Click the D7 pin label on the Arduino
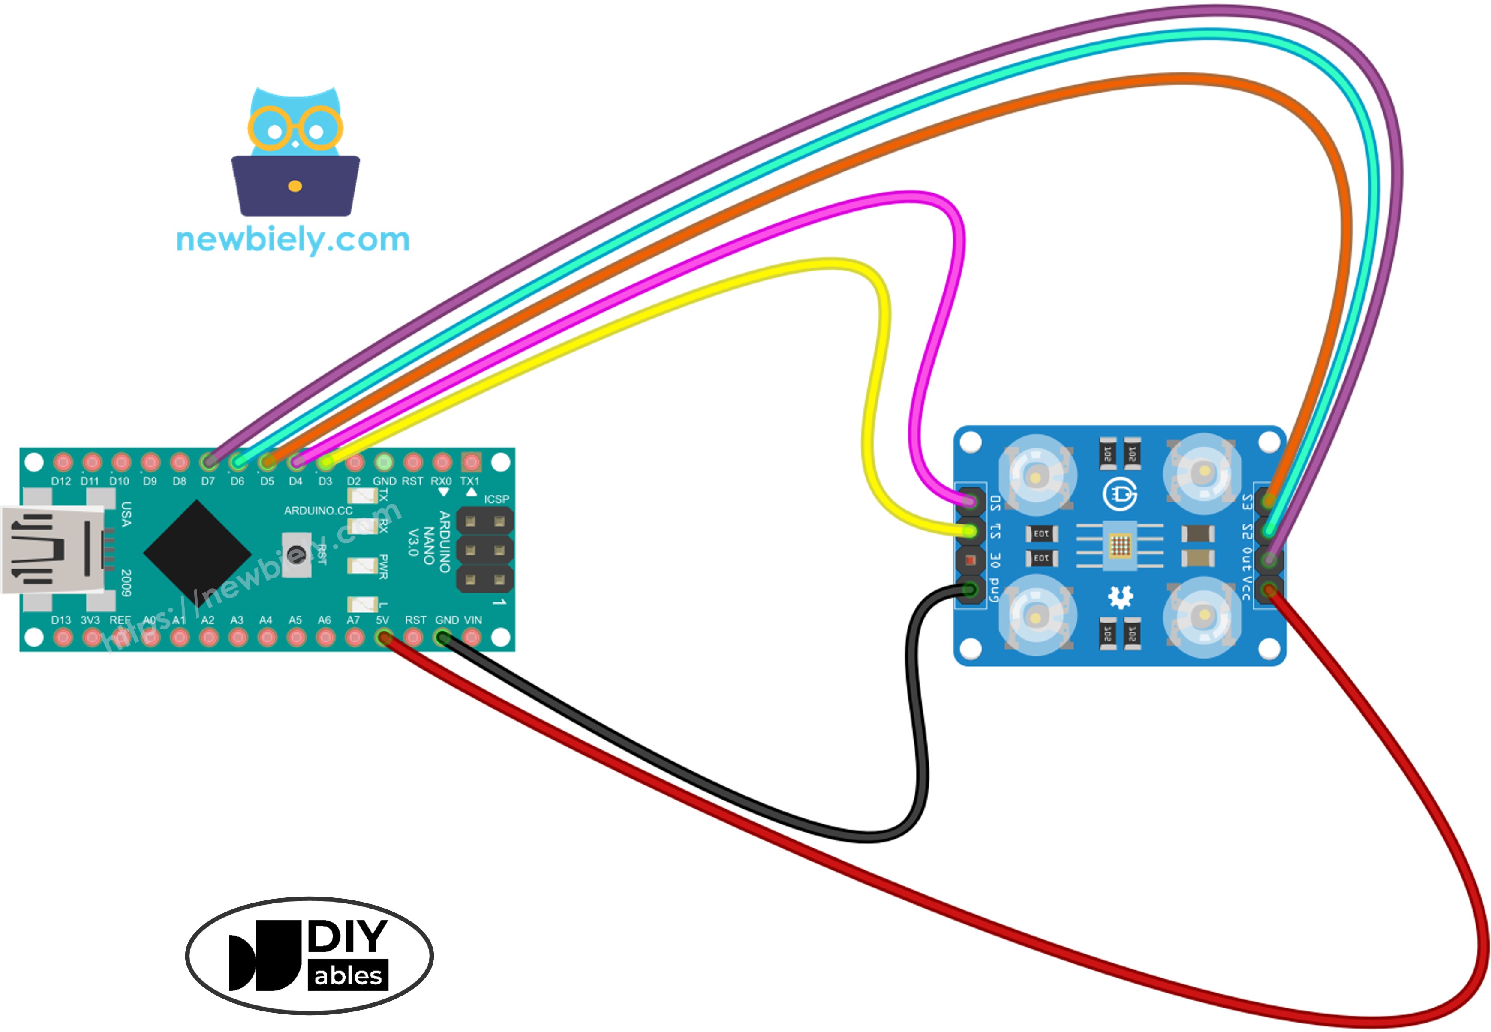tap(207, 481)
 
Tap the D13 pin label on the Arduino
tap(61, 620)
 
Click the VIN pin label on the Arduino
tap(473, 620)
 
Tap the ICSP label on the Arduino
tap(496, 499)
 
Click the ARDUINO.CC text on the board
tap(318, 511)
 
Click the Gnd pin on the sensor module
tap(970, 589)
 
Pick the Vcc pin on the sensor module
tap(1269, 589)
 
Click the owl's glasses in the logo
tap(295, 129)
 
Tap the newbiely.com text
tap(293, 240)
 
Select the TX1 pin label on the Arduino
tap(470, 481)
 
